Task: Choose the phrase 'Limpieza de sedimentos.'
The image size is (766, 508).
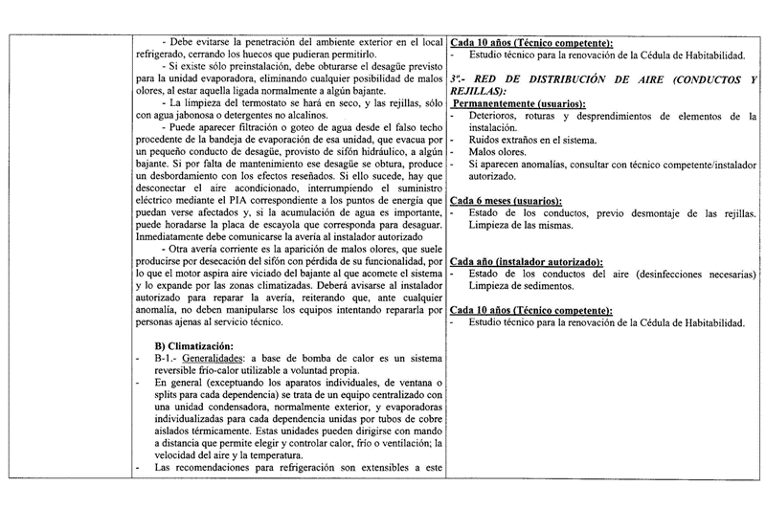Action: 523,287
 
